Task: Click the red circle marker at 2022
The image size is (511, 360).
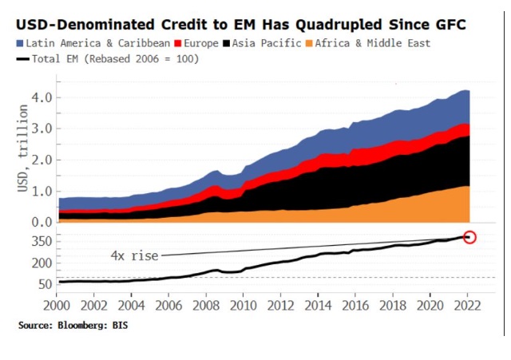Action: pyautogui.click(x=469, y=236)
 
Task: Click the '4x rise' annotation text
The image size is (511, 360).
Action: pyautogui.click(x=134, y=255)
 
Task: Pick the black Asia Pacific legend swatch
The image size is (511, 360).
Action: pyautogui.click(x=228, y=42)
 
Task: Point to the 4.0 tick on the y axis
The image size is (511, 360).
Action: pyautogui.click(x=42, y=97)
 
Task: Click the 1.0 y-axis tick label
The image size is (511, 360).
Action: pyautogui.click(x=42, y=192)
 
